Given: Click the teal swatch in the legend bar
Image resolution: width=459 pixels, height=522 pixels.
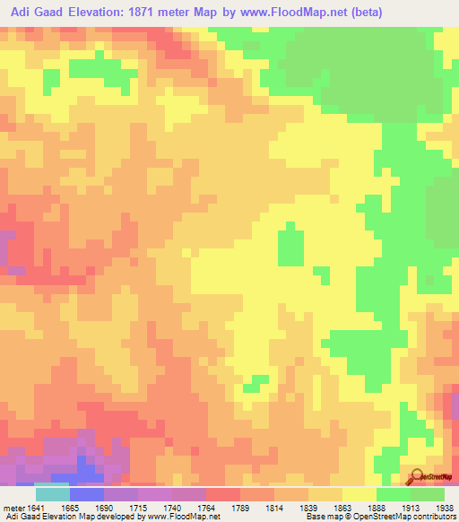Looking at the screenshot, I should (x=53, y=493).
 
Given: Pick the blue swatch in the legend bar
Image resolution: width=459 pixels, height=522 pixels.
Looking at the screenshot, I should (x=87, y=493).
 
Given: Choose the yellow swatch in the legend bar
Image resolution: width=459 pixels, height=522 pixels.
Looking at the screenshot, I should (x=359, y=493).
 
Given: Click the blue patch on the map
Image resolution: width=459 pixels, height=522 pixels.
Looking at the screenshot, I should (x=88, y=466).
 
